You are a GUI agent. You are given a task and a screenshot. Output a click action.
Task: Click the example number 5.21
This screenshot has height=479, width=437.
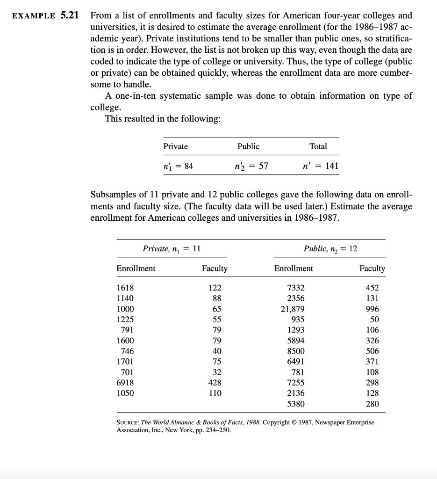click(x=69, y=15)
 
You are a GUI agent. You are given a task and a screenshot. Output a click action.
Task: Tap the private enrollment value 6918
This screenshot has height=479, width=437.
click(x=125, y=382)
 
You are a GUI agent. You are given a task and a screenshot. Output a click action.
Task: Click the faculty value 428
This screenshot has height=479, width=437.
click(x=214, y=382)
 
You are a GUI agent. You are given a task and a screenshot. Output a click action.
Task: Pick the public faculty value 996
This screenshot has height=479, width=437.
click(x=372, y=309)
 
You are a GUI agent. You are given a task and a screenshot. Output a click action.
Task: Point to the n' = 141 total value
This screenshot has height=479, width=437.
click(x=321, y=166)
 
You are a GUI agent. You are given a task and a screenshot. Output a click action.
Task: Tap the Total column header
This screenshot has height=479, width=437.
click(x=318, y=146)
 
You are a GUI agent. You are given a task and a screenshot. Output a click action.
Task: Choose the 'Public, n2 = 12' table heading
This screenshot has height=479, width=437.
click(x=330, y=249)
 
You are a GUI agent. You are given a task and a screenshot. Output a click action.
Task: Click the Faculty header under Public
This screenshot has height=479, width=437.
click(x=372, y=269)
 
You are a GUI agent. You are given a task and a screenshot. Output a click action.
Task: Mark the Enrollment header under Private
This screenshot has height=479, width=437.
click(x=136, y=269)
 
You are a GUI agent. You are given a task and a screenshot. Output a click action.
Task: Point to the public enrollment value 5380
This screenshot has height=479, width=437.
click(x=295, y=404)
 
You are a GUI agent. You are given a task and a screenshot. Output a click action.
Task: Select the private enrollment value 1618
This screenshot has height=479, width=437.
click(x=125, y=288)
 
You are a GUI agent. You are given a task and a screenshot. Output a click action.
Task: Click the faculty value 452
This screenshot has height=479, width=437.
click(x=372, y=288)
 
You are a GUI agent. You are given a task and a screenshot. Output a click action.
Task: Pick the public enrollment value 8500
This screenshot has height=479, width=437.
click(x=295, y=351)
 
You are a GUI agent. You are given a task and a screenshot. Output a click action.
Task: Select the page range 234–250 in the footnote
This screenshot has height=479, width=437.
click(x=216, y=430)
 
